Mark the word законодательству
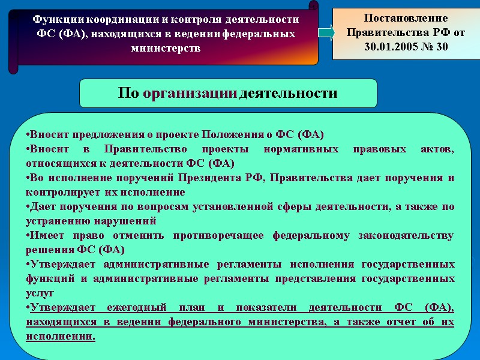(405, 236)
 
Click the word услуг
(40, 293)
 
